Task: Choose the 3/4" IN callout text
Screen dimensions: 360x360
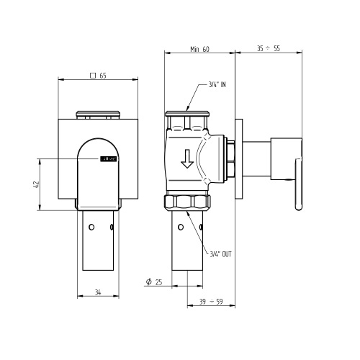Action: (217, 84)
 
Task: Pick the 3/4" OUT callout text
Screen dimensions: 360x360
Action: (220, 253)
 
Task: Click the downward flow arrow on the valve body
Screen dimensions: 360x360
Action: (187, 158)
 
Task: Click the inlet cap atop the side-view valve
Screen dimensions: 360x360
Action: (187, 114)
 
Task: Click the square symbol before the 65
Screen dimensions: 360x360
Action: (92, 74)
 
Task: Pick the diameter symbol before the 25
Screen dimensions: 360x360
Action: (148, 282)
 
